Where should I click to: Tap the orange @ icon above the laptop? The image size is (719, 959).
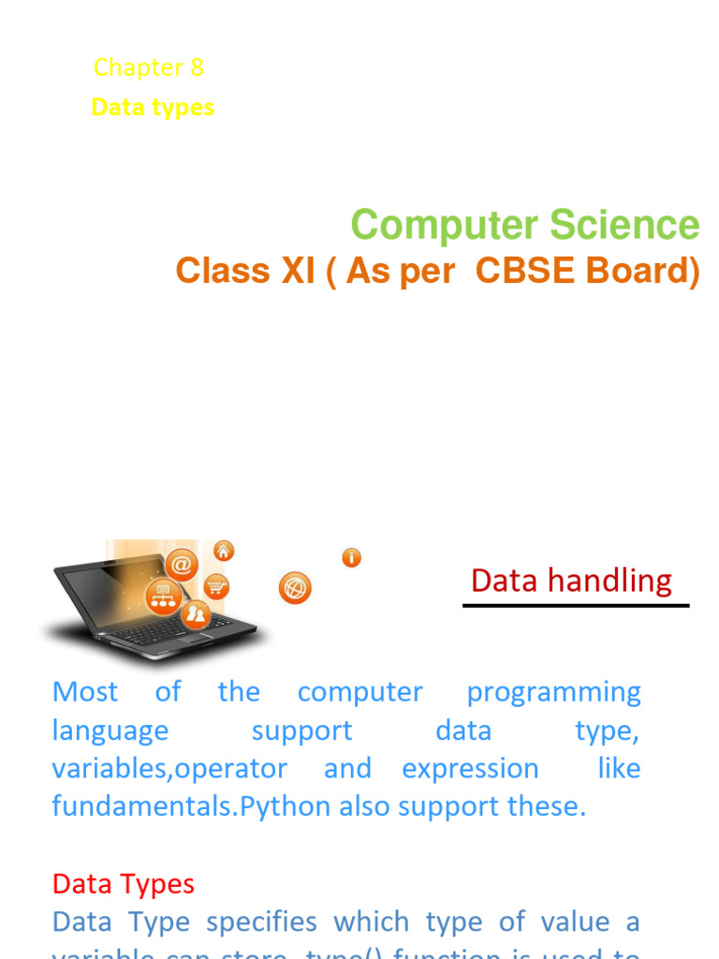coord(181,565)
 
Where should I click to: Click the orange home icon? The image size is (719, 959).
coord(224,551)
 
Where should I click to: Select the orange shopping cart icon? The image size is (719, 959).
coord(216,587)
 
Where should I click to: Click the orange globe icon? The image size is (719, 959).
coord(295,588)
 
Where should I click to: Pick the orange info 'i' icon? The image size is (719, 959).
coord(352,558)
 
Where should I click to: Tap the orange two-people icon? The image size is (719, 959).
coord(196,613)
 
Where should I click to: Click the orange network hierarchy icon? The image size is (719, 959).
coord(163,597)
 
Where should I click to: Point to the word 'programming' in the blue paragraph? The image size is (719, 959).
coord(553,692)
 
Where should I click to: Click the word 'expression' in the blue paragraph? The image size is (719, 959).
coord(470,768)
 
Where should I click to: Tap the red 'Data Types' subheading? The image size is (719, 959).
coord(124,883)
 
